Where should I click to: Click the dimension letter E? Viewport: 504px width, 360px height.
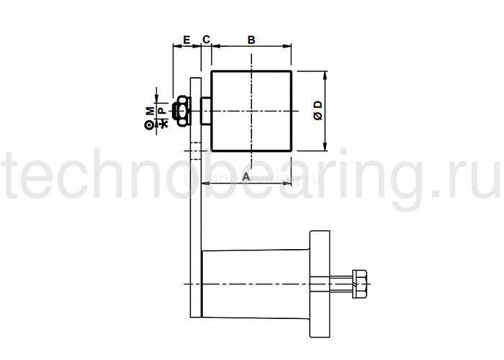pyautogui.click(x=186, y=40)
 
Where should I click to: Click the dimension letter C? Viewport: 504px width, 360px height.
pyautogui.click(x=206, y=40)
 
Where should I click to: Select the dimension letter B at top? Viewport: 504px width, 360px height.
pyautogui.click(x=251, y=40)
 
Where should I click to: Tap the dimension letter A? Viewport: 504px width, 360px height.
pyautogui.click(x=246, y=176)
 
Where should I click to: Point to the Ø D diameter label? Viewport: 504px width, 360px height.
pyautogui.click(x=318, y=111)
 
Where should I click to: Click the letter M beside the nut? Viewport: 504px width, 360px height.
pyautogui.click(x=150, y=111)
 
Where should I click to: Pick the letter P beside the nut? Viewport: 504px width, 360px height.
pyautogui.click(x=163, y=111)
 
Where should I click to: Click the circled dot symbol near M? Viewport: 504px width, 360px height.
pyautogui.click(x=149, y=125)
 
